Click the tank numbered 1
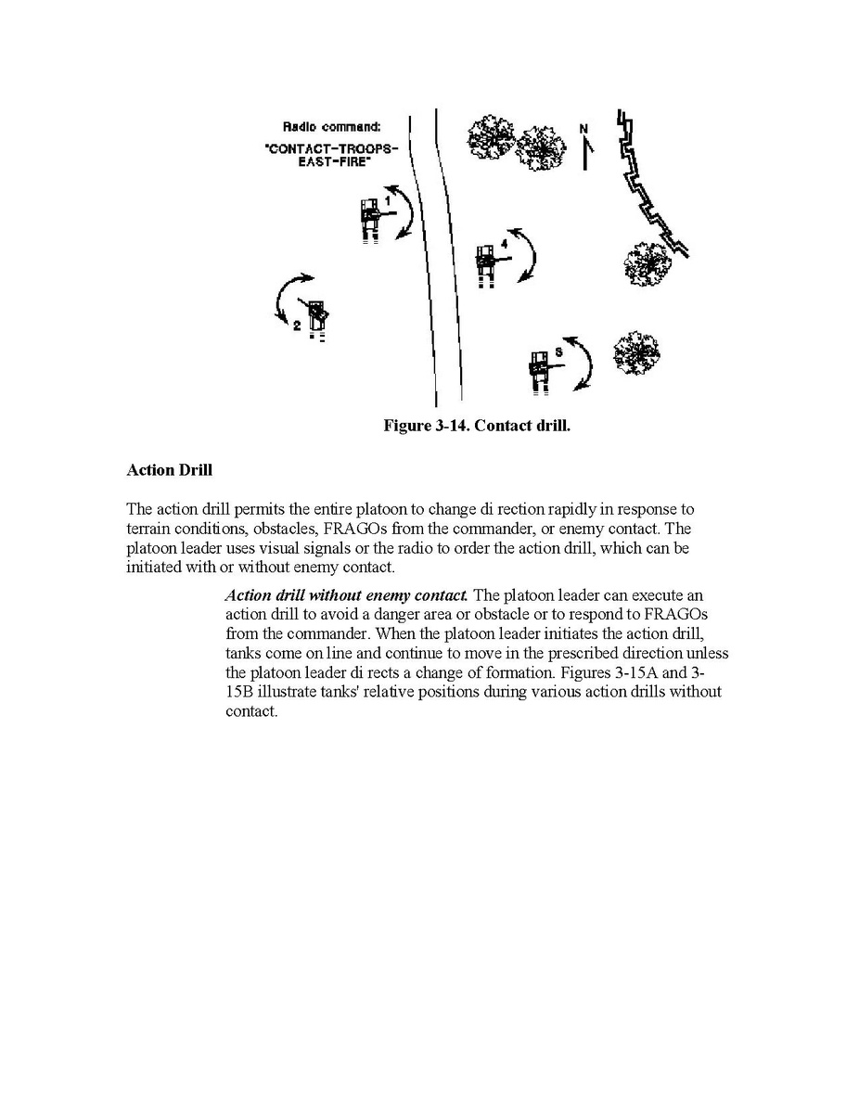coord(372,220)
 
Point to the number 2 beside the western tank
coord(296,326)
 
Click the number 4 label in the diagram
coord(504,243)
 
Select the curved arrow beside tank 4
coord(525,253)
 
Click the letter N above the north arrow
coord(583,128)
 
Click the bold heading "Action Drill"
coord(169,470)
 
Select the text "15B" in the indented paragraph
coord(242,692)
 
